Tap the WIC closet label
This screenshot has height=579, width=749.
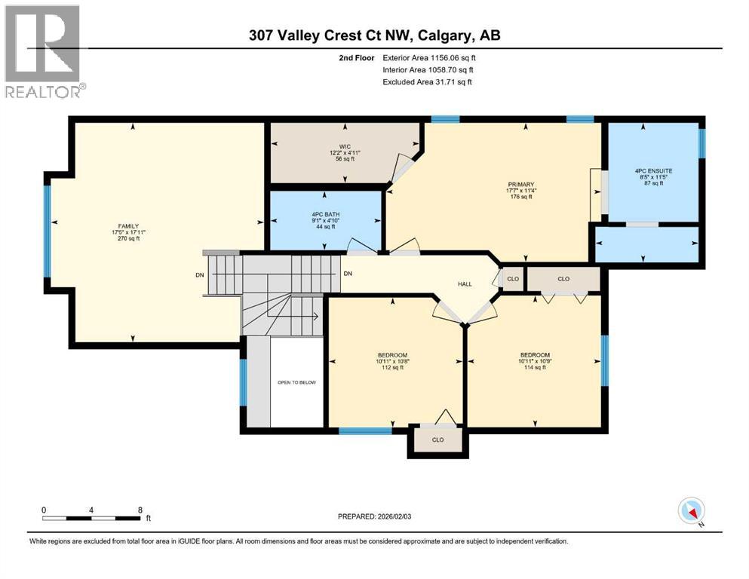(x=344, y=146)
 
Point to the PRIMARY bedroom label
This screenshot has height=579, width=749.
(x=520, y=185)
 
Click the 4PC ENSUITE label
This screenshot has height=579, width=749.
(x=653, y=171)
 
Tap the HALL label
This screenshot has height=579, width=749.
(x=465, y=283)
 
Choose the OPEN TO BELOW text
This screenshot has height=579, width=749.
(x=296, y=382)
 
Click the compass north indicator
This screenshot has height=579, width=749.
(x=692, y=511)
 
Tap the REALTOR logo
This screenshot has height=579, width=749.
(x=43, y=51)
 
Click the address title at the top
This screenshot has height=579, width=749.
(x=375, y=35)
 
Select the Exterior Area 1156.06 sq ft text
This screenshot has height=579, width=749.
(x=429, y=57)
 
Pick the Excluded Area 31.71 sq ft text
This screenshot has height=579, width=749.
(x=428, y=81)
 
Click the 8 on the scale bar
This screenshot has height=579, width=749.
(x=140, y=510)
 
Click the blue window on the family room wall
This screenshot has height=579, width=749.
(x=47, y=231)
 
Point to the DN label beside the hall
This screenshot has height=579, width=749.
(x=348, y=274)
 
